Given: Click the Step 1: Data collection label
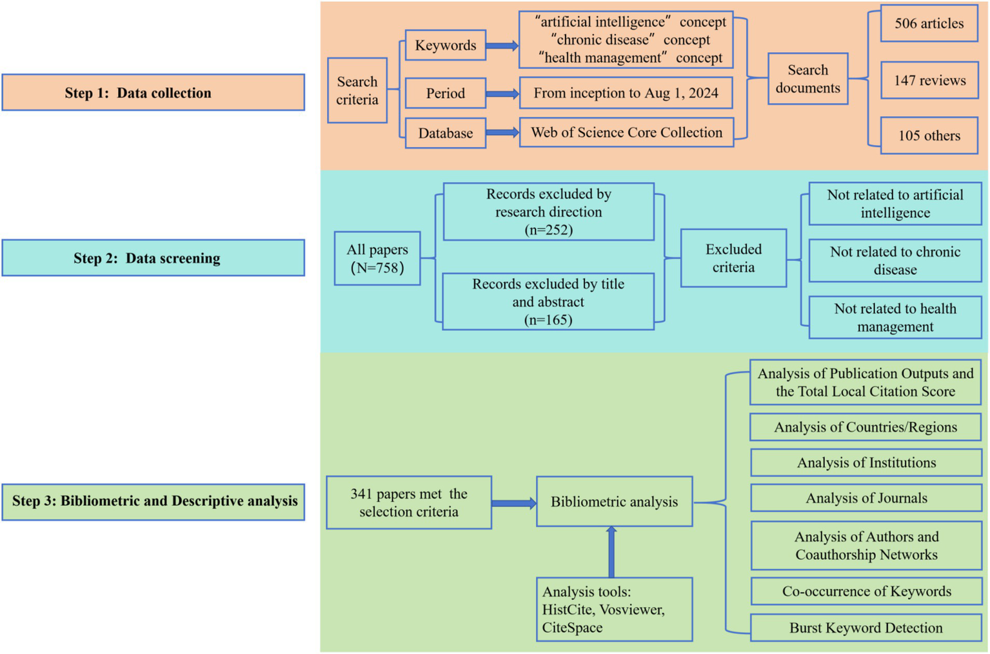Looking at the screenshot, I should [153, 92].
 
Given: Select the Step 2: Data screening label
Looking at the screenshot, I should [153, 258].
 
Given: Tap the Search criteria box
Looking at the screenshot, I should [357, 90].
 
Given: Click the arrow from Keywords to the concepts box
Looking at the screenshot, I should [502, 46].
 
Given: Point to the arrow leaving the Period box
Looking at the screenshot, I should [502, 94].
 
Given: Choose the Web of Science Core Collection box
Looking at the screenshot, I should [626, 133].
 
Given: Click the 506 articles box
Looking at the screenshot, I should [929, 24].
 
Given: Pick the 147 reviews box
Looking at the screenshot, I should [929, 81].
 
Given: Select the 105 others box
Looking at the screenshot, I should [929, 135].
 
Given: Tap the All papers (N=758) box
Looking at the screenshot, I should [377, 259].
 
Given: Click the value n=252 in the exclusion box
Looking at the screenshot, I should [548, 230].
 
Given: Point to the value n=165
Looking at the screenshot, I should [548, 320].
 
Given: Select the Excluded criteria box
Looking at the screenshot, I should [733, 258].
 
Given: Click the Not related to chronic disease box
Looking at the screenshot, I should [895, 261].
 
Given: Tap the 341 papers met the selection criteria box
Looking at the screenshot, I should [409, 502].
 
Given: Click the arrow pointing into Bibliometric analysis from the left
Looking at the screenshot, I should [513, 503].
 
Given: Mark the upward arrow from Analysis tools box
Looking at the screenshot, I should [611, 551].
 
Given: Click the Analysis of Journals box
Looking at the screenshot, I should [866, 498].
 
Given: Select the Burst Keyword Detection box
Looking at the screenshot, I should [866, 628].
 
